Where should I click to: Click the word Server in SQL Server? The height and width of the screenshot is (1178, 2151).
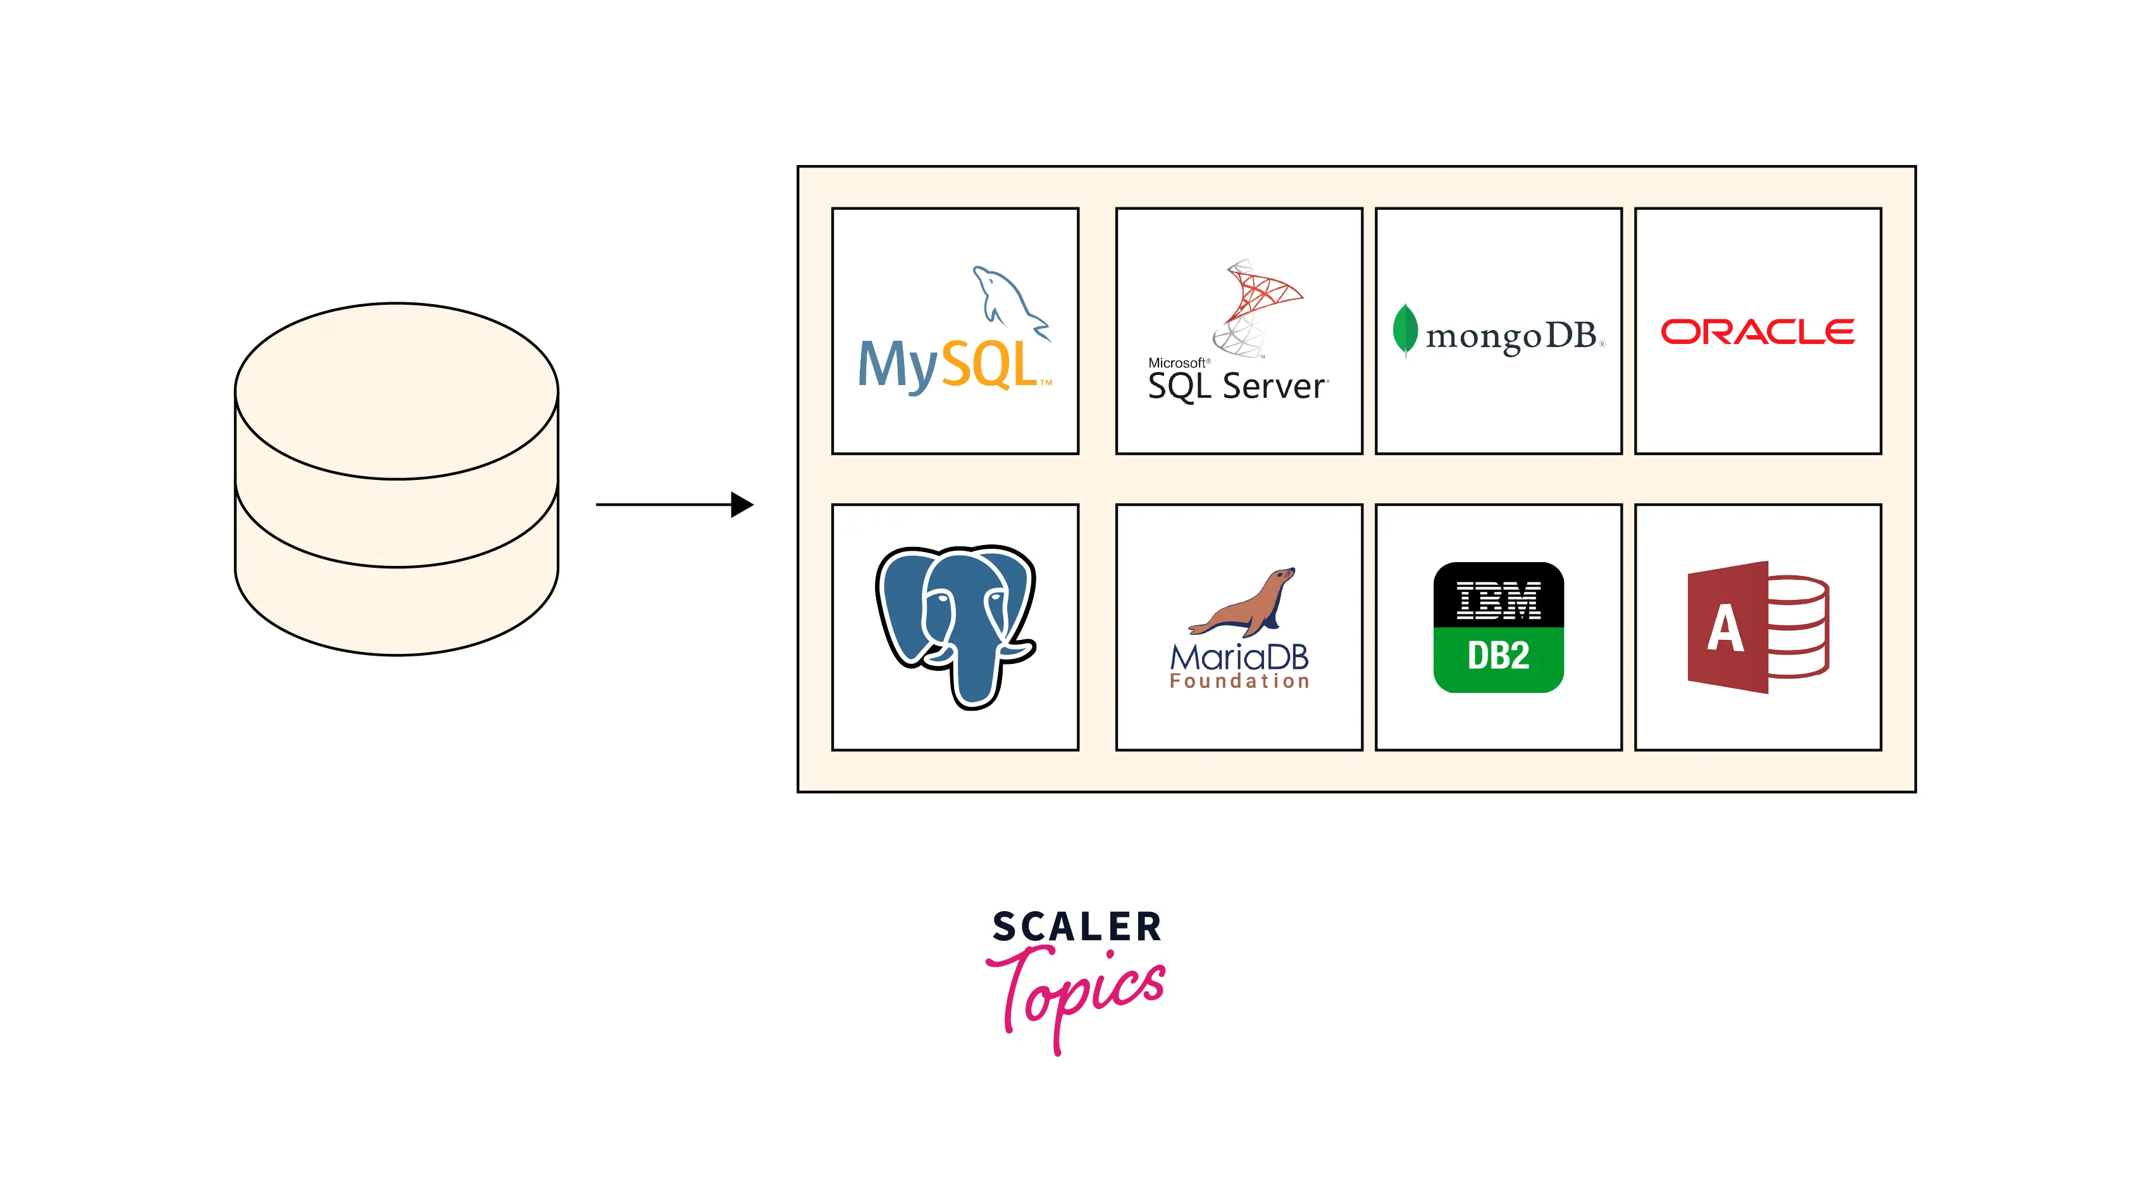click(1274, 386)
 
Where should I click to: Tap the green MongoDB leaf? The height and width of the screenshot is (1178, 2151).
click(1404, 330)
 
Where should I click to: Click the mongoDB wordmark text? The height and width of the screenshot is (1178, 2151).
click(1511, 336)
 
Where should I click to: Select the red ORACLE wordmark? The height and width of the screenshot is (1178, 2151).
click(1757, 331)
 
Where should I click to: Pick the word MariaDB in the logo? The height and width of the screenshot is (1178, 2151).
click(1239, 657)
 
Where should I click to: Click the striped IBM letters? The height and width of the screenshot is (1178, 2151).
click(1498, 599)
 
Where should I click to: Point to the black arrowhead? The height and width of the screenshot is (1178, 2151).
click(741, 504)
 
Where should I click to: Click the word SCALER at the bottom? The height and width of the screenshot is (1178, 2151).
click(1076, 928)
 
